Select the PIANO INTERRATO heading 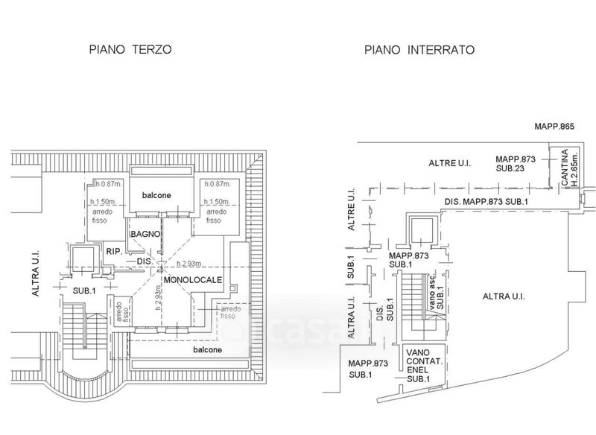(419, 50)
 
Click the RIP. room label (113, 250)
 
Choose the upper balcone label (157, 195)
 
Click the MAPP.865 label (554, 127)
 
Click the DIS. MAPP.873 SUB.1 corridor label (489, 202)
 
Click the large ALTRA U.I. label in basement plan (504, 296)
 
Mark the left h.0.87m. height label (101, 184)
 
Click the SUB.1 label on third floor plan (80, 289)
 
